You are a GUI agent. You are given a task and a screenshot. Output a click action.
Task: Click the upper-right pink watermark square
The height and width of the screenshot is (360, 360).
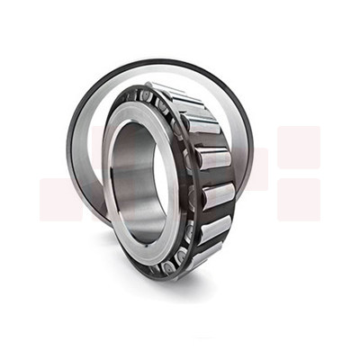point(299,147)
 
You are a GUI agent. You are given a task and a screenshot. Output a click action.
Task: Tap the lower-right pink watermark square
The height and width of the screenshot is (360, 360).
point(299,199)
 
